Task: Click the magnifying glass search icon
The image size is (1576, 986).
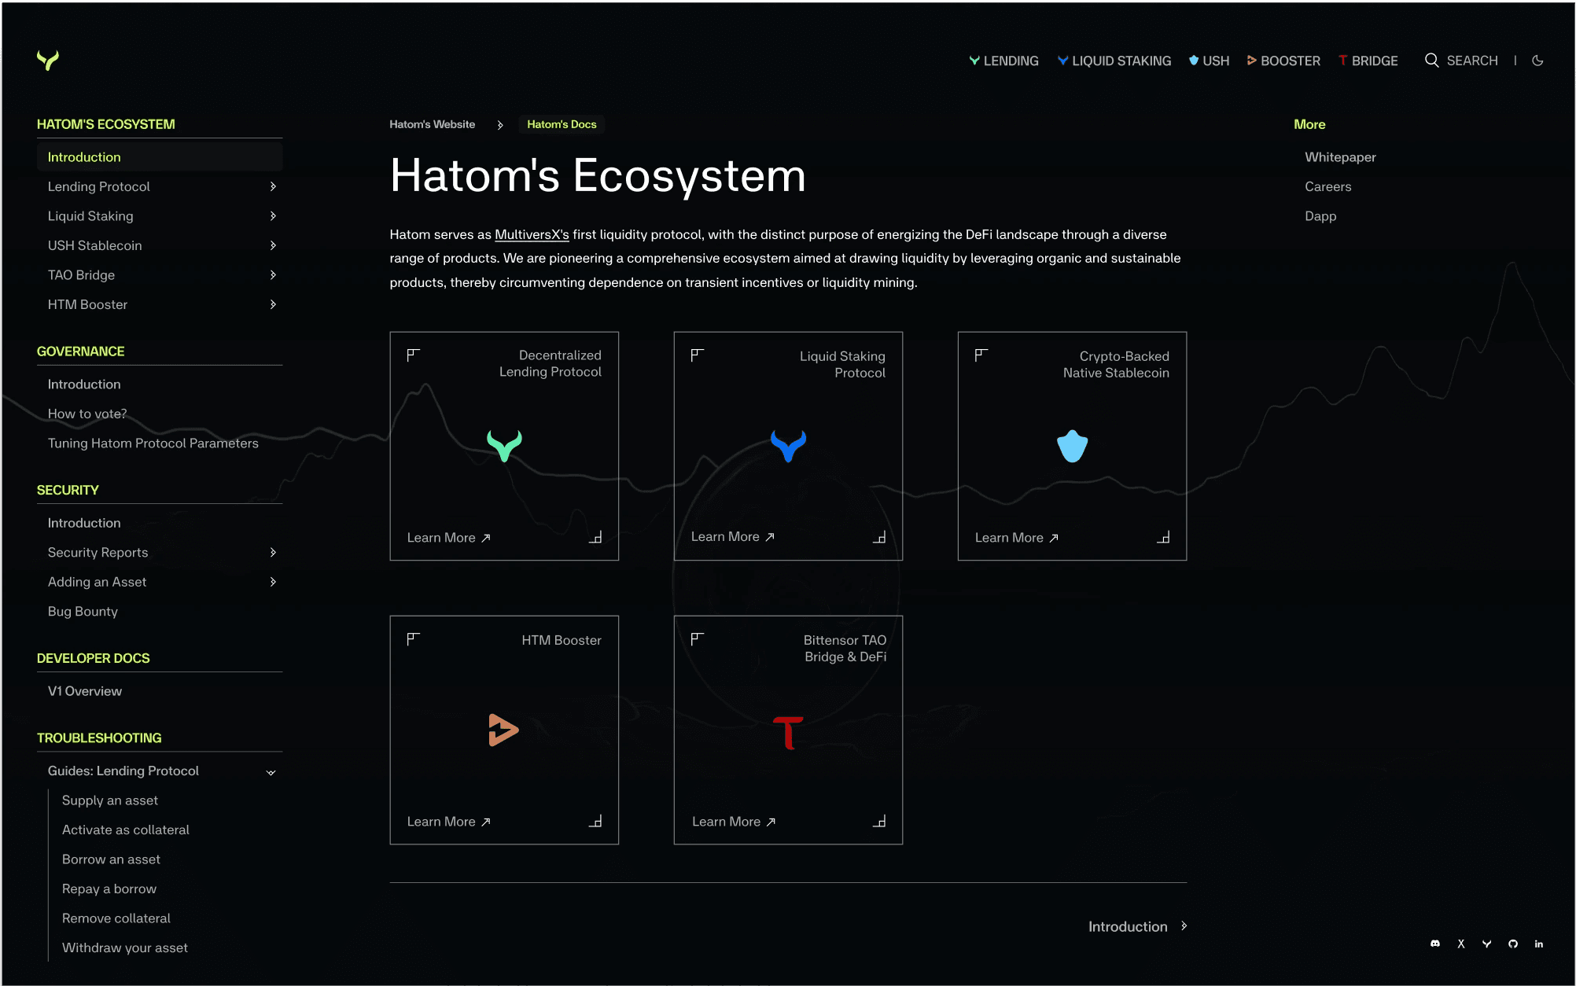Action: [x=1432, y=61]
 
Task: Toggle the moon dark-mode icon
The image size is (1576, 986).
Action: [x=1537, y=61]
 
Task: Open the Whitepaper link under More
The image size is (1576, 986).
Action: [x=1340, y=157]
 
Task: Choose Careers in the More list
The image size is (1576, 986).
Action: [x=1327, y=186]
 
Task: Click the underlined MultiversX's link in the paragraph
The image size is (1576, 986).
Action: [x=532, y=234]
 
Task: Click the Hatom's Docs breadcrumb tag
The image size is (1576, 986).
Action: [x=562, y=124]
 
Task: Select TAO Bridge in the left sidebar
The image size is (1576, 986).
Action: [x=81, y=275]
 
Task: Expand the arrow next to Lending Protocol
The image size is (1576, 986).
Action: [x=273, y=186]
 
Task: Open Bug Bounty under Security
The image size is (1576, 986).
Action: [x=83, y=612]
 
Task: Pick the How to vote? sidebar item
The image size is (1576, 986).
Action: [x=87, y=414]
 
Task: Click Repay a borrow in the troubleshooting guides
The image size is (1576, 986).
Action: [x=109, y=889]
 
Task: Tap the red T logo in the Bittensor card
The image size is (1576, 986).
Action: [x=788, y=732]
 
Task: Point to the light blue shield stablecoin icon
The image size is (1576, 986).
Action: [x=1072, y=447]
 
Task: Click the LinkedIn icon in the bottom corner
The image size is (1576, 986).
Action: [x=1539, y=944]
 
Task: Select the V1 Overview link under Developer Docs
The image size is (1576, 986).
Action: [x=85, y=691]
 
